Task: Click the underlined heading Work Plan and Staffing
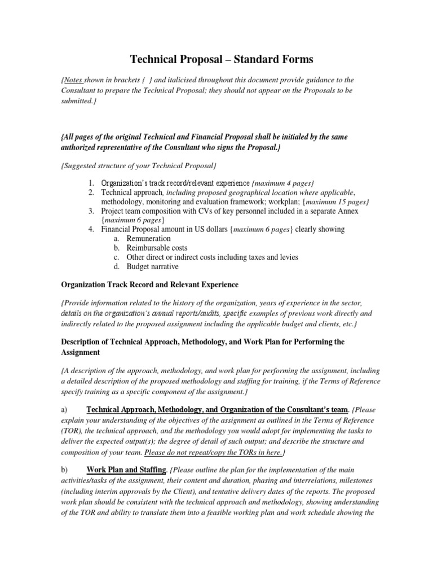pos(126,470)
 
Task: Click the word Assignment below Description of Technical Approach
pos(81,352)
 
